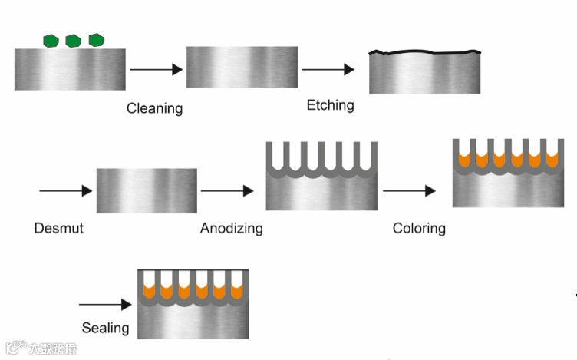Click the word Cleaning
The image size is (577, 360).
(154, 108)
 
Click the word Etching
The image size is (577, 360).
(330, 104)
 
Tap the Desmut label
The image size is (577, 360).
(58, 228)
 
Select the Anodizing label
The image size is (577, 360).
(231, 228)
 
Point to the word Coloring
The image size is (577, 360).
(419, 228)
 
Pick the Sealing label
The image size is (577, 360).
(105, 328)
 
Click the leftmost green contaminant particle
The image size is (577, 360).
(51, 40)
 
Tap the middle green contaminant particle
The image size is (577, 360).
(74, 40)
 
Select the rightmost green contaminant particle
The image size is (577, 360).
(97, 39)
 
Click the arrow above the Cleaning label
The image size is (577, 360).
(156, 70)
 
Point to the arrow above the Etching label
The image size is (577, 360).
(328, 70)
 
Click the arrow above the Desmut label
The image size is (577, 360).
(65, 190)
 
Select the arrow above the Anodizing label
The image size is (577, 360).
(227, 190)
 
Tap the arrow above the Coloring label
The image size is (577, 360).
(410, 190)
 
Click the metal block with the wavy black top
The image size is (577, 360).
(424, 73)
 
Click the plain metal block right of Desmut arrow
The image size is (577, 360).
(147, 190)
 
